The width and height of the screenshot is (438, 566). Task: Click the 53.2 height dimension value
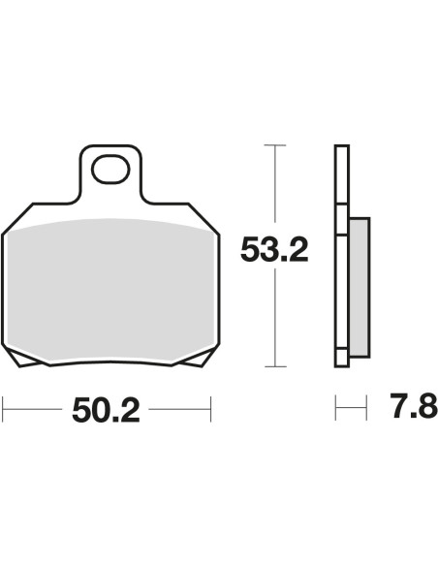274,249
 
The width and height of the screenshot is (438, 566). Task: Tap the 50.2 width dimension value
106,410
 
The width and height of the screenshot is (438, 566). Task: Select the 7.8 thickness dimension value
414,406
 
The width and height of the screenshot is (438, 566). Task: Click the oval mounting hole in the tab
110,169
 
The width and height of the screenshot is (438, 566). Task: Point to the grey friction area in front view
110,289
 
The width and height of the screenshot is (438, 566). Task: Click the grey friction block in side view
360,287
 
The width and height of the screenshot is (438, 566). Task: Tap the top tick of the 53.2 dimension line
275,145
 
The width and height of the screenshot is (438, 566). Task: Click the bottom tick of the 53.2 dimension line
275,366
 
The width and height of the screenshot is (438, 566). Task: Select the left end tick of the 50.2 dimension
3,409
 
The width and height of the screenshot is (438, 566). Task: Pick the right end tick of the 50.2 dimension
210,409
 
